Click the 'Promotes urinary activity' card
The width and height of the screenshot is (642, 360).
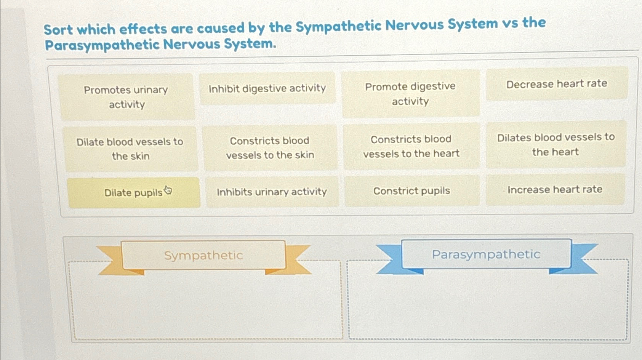(126, 97)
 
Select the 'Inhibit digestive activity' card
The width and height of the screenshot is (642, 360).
(267, 88)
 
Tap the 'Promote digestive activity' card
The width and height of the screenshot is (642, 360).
(410, 94)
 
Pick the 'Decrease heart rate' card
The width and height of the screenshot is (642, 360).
(557, 84)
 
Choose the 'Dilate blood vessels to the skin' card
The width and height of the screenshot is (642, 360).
(130, 149)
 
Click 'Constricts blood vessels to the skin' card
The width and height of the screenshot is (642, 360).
(270, 148)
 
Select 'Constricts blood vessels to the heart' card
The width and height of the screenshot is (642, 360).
(411, 146)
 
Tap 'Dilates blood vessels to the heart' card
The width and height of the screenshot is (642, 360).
(556, 145)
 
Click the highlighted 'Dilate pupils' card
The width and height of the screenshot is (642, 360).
(133, 193)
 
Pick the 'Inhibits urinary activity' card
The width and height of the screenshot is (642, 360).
(272, 192)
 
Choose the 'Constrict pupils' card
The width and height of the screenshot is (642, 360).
(411, 191)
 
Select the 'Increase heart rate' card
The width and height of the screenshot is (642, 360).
(555, 190)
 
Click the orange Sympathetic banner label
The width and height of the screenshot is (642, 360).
(203, 255)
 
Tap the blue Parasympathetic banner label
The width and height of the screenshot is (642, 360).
(486, 254)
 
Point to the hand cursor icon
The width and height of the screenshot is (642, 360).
(168, 190)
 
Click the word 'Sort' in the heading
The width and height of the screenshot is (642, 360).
(58, 30)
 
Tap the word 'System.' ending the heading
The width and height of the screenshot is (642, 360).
(250, 44)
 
